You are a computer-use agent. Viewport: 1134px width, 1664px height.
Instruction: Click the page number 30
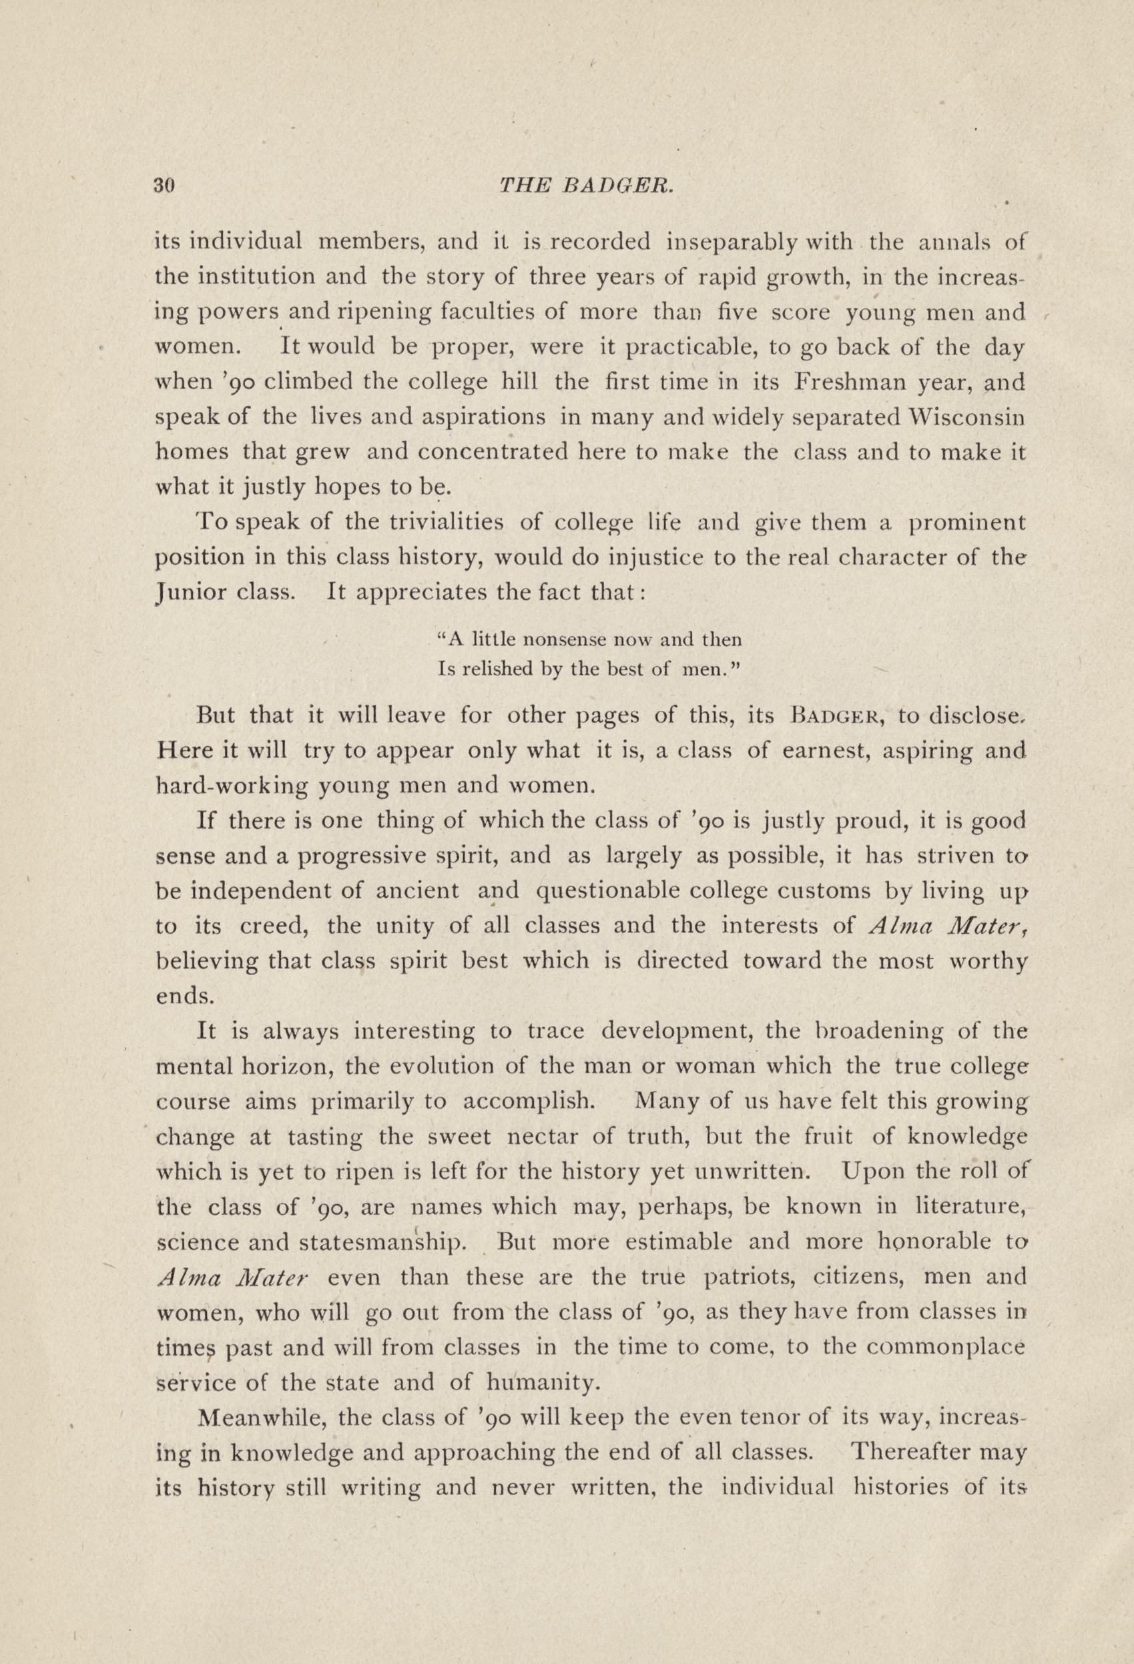(164, 186)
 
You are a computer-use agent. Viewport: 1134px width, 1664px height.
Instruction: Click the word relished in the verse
(494, 669)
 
